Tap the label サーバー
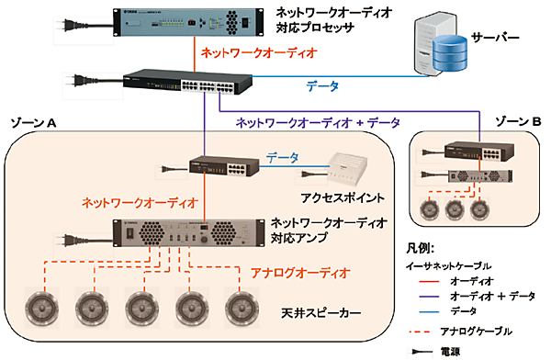pos(497,38)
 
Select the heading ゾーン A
pos(37,123)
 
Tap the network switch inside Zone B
pos(464,152)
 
